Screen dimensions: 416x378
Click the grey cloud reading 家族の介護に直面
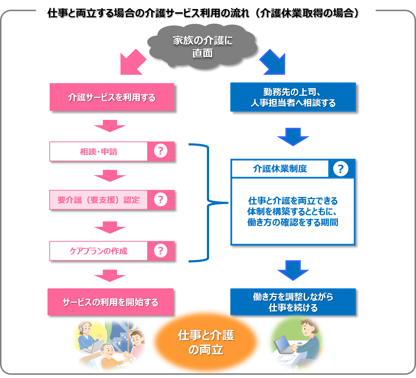click(x=202, y=46)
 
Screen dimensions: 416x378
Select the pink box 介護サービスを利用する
click(x=112, y=97)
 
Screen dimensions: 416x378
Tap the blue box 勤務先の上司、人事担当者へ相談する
click(x=293, y=97)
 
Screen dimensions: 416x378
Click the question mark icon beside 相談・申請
click(x=160, y=151)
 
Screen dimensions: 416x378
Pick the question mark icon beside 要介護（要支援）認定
click(x=160, y=199)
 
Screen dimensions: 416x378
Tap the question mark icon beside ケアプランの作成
click(x=160, y=251)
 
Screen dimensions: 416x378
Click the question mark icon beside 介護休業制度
click(x=341, y=168)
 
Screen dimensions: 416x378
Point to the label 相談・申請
click(x=99, y=152)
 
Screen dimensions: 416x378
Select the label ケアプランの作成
click(x=99, y=251)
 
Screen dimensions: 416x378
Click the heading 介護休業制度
click(x=280, y=168)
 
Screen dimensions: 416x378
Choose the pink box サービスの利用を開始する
click(x=110, y=302)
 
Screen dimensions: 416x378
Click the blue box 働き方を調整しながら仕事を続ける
click(x=293, y=302)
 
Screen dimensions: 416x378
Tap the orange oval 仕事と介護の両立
click(x=205, y=342)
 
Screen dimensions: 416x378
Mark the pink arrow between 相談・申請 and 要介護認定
click(x=109, y=176)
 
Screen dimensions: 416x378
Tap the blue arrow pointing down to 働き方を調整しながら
click(x=293, y=270)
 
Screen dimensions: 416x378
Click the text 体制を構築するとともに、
click(x=292, y=212)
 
